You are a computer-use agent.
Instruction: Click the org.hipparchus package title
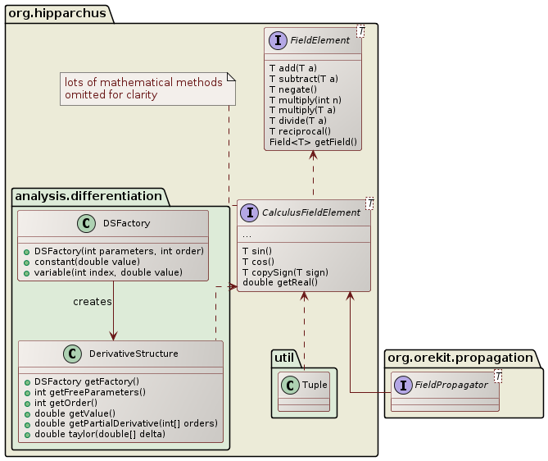[52, 12]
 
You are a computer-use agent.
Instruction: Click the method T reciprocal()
[300, 131]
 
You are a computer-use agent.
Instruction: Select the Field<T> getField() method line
[313, 142]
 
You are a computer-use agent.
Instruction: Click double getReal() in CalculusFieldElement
[281, 282]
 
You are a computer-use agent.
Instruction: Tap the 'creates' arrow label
[92, 302]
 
